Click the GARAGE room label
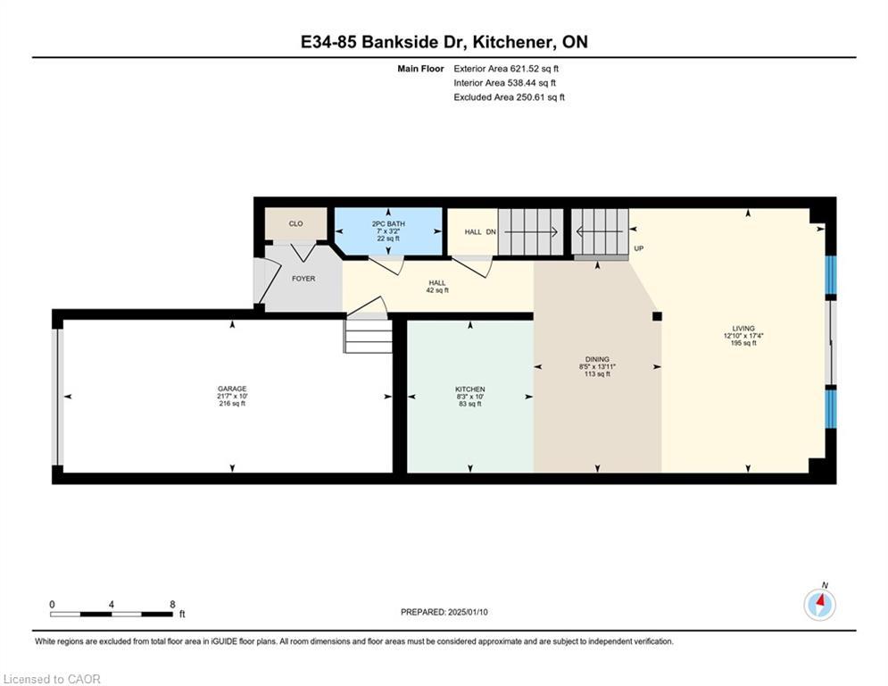point(232,389)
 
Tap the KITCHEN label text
point(469,389)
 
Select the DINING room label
point(597,359)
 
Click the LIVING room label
point(743,329)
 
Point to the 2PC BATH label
point(388,223)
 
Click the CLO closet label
point(295,223)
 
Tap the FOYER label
point(303,279)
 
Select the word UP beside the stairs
point(638,248)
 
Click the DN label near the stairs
point(491,232)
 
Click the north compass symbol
point(819,605)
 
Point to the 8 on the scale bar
point(172,604)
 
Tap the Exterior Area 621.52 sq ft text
point(506,68)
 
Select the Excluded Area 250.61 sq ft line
point(509,97)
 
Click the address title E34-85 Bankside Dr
point(444,42)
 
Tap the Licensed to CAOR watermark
point(53,679)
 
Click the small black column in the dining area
point(657,315)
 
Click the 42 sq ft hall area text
point(437,290)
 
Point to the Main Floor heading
point(420,68)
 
